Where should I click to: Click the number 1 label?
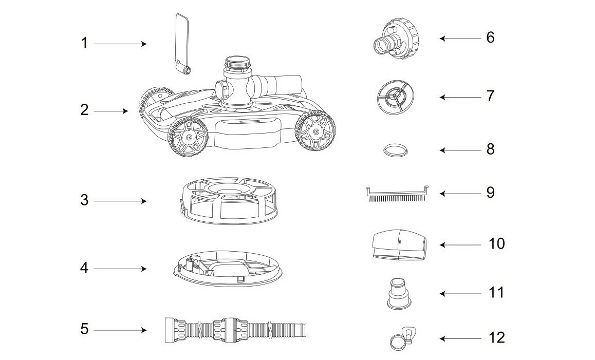pyautogui.click(x=85, y=44)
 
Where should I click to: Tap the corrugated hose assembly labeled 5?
pyautogui.click(x=236, y=330)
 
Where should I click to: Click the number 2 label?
pyautogui.click(x=85, y=110)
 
